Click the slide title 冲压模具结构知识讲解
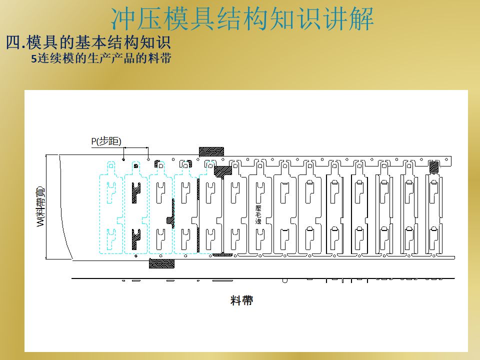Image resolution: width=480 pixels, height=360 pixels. click(x=242, y=18)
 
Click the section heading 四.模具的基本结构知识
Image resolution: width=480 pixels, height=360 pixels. click(x=88, y=42)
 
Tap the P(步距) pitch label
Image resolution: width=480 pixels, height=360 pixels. click(x=106, y=141)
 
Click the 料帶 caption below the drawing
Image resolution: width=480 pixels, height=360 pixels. click(x=241, y=300)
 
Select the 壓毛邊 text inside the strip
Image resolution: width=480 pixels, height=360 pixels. click(x=258, y=213)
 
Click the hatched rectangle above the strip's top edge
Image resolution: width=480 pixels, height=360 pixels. click(x=211, y=151)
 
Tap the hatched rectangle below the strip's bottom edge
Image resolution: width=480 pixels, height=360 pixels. click(x=161, y=263)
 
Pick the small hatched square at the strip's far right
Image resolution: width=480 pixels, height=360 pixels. click(x=434, y=166)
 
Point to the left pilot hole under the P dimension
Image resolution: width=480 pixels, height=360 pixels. click(x=123, y=159)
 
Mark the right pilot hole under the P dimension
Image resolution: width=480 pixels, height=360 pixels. click(x=148, y=159)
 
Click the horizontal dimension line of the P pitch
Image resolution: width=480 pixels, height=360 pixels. click(x=136, y=147)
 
